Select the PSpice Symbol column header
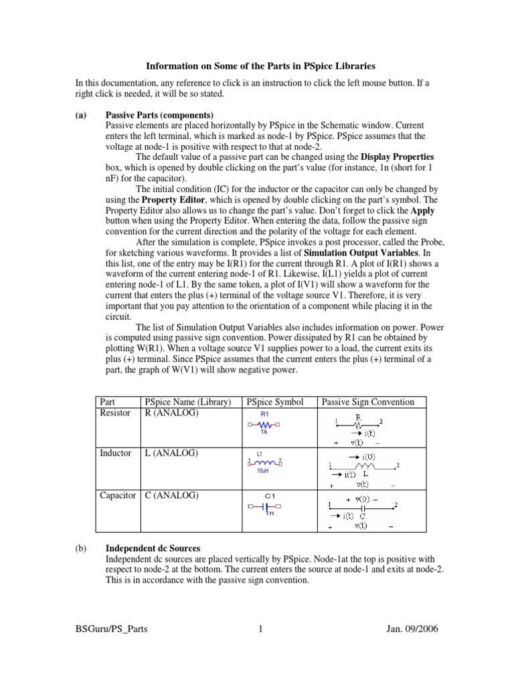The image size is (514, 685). point(275,402)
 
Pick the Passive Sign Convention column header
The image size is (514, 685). point(368,402)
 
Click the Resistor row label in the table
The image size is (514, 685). point(116,413)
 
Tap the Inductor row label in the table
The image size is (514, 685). point(116,453)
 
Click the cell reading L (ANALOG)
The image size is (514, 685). point(171,453)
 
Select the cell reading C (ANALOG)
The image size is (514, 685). point(171,496)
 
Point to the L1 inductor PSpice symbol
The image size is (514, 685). point(264,462)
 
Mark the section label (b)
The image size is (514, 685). point(80,548)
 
